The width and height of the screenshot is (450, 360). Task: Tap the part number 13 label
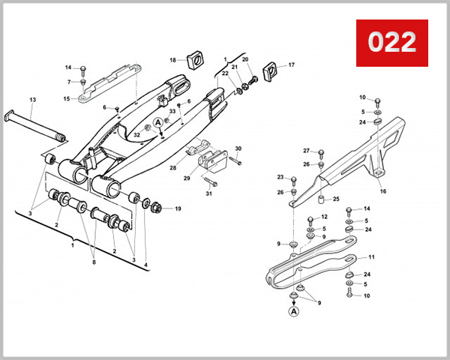[32, 100]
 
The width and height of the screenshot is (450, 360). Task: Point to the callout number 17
[292, 65]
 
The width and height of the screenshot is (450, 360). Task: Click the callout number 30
[238, 148]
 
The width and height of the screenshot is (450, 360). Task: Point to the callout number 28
[172, 168]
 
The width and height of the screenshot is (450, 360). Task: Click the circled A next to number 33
[158, 121]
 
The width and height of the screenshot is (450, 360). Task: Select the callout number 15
[67, 98]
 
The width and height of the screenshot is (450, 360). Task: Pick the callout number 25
[336, 199]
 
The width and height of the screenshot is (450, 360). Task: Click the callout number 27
[307, 151]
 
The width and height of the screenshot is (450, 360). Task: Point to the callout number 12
[325, 217]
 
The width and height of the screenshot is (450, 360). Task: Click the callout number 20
[244, 59]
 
